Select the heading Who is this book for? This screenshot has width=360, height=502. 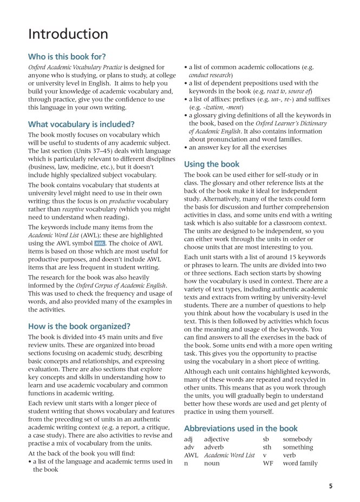tap(67, 56)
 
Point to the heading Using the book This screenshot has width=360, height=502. tap(212, 164)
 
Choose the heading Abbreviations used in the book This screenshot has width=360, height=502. tap(241, 428)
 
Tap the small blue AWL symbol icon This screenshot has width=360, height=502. tap(99, 243)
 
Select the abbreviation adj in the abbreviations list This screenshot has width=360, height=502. tap(188, 439)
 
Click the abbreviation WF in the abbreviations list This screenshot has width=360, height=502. tap(267, 464)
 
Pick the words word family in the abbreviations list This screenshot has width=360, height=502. tap(300, 464)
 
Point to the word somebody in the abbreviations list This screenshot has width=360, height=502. tap(297, 439)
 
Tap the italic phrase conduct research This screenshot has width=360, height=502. tap(210, 75)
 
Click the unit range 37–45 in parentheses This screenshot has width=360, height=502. tap(110, 151)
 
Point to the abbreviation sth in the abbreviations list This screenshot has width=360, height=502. tap(267, 447)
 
